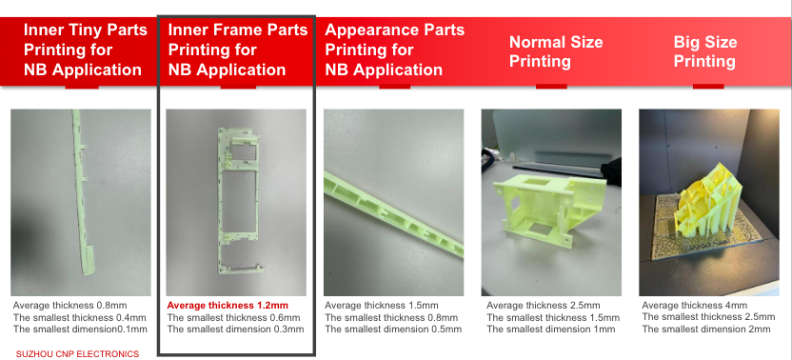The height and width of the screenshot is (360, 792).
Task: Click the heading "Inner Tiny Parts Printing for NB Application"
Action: click(86, 50)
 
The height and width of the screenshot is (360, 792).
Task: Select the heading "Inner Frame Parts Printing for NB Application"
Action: click(237, 50)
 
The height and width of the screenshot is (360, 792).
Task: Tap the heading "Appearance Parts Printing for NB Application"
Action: click(394, 50)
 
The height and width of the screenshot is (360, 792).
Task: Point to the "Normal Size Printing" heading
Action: click(556, 51)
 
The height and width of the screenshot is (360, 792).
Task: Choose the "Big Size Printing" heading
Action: click(705, 51)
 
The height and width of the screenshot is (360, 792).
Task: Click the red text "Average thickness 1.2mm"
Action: click(228, 306)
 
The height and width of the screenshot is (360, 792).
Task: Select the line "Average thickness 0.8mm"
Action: click(69, 306)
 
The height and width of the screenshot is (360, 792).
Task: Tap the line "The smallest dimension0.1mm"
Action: click(80, 330)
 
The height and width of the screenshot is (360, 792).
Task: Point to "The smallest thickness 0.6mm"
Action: click(233, 317)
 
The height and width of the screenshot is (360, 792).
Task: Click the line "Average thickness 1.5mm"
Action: click(381, 306)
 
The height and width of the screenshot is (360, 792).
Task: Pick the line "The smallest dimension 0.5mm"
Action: click(393, 330)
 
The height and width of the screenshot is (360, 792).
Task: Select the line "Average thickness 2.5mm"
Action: click(544, 306)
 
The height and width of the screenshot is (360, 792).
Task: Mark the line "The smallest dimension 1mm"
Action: click(550, 330)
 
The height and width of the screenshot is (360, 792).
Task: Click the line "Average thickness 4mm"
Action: click(695, 306)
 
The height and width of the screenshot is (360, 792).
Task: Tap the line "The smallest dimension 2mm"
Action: click(706, 330)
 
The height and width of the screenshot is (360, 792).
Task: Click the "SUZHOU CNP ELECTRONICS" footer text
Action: click(77, 354)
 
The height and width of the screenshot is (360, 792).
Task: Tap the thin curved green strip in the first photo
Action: click(81, 192)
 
